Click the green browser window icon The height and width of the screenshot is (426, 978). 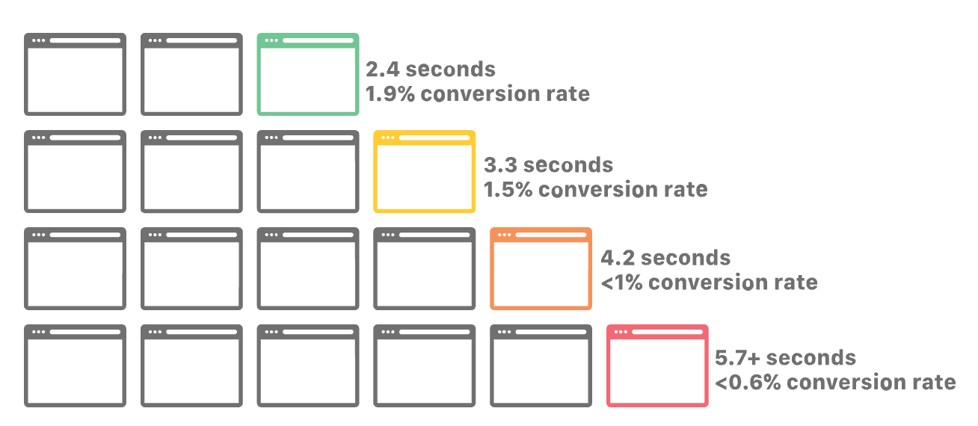coord(307,75)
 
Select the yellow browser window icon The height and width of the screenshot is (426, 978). coord(424,172)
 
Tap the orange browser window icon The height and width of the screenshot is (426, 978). coord(541,269)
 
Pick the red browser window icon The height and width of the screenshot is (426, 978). coord(657,366)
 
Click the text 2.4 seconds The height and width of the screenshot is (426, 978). coord(430,70)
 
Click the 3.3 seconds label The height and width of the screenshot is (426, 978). coord(548,164)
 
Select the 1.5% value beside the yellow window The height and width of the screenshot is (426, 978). coord(508,189)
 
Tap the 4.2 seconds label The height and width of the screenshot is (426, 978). coord(665,258)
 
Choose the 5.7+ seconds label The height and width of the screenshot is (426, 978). coord(785,357)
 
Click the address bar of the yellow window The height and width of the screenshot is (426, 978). coord(434,138)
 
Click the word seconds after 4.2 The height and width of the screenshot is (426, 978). coord(686,258)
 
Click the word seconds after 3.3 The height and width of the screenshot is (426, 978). coord(568,164)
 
